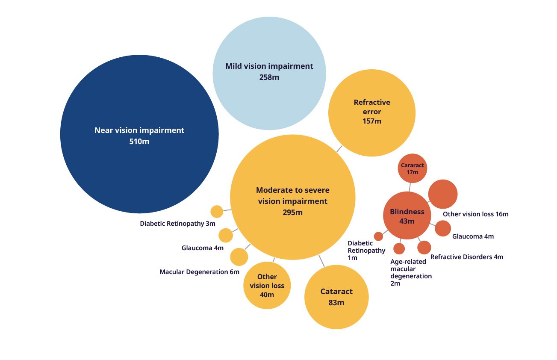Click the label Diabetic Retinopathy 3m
click(x=177, y=224)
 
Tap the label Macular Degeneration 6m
click(x=199, y=272)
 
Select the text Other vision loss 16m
click(x=475, y=214)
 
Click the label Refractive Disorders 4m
click(x=467, y=257)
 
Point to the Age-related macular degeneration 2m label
click(x=411, y=272)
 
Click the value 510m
click(x=139, y=141)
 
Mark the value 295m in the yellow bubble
click(x=293, y=212)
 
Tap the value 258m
click(x=269, y=77)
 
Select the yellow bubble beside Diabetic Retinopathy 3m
click(x=217, y=212)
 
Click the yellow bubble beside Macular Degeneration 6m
click(x=239, y=257)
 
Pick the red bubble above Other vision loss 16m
click(x=443, y=194)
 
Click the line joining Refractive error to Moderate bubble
click(x=339, y=148)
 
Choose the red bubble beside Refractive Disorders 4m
click(x=424, y=247)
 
